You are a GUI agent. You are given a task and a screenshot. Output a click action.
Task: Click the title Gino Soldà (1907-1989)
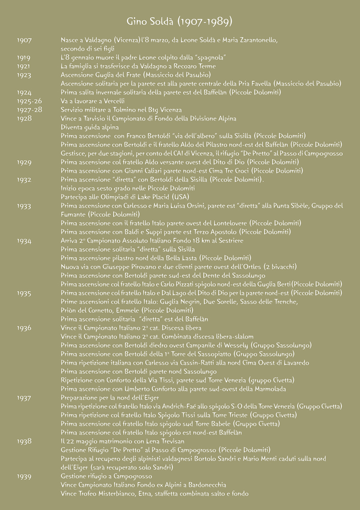[x=180, y=22]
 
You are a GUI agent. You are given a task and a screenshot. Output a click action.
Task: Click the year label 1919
[x=23, y=58]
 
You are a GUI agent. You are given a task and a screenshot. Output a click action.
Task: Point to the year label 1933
[x=24, y=206]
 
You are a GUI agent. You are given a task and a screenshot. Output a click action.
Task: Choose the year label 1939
[x=24, y=476]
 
